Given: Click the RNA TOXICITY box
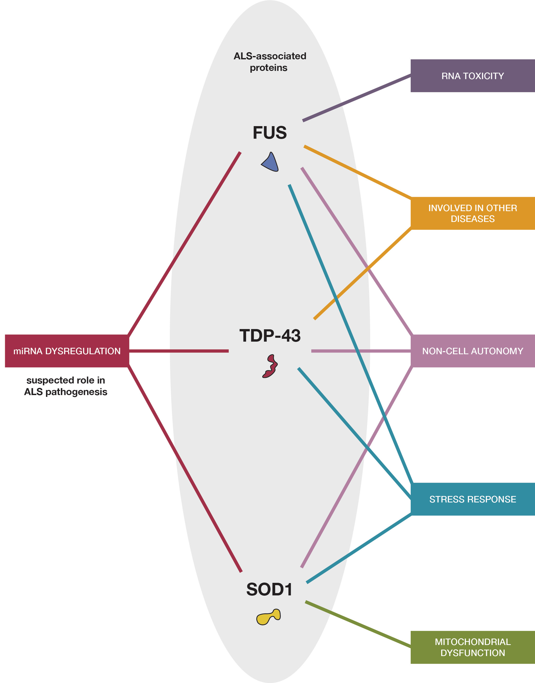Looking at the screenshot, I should [x=472, y=76].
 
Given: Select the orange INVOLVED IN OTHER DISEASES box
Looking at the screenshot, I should [x=472, y=213].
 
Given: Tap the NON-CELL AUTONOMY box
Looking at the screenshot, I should [x=472, y=351].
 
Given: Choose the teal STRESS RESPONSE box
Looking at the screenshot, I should [x=472, y=499].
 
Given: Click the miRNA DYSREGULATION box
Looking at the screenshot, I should [x=67, y=351].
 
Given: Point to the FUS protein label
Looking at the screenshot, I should [x=270, y=133].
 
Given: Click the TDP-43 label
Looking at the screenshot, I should [x=270, y=335].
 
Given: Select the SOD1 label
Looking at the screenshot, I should [x=269, y=589].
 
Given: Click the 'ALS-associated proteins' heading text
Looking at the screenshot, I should [x=269, y=62].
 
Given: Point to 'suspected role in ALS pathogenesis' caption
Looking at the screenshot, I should [x=66, y=386].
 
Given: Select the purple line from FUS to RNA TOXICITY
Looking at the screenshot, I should [x=356, y=97].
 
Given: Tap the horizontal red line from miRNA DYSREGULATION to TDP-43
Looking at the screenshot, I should [x=179, y=351].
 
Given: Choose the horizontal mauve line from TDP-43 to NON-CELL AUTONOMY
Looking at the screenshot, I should [x=360, y=351].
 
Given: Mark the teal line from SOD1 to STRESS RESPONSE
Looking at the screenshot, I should [x=358, y=548].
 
